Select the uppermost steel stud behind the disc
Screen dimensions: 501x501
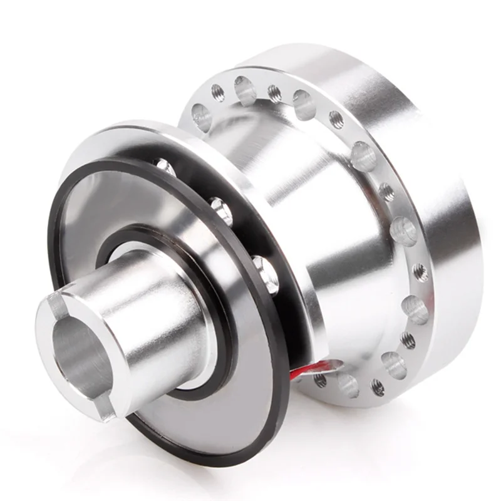(164, 167)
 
